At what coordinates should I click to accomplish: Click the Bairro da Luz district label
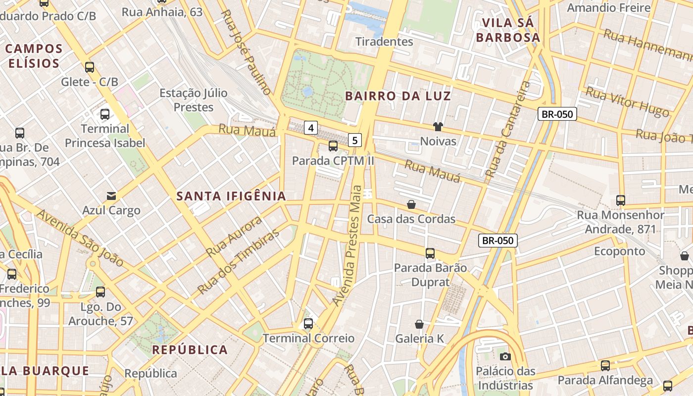click(398, 96)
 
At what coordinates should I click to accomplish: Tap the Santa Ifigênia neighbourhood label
click(231, 196)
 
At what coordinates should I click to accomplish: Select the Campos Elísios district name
click(34, 56)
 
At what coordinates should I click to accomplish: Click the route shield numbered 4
click(311, 128)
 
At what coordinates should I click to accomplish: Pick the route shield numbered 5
click(354, 140)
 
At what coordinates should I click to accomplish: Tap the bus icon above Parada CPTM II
click(333, 146)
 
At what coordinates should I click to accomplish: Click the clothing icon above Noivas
click(438, 127)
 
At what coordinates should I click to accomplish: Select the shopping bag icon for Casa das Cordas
click(411, 204)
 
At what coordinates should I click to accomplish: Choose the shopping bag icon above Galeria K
click(419, 324)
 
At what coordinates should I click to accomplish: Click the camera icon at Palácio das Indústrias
click(505, 356)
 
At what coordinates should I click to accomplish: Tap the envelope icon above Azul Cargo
click(111, 196)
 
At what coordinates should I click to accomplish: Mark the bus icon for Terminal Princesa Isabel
click(105, 114)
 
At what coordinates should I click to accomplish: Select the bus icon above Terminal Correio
click(308, 324)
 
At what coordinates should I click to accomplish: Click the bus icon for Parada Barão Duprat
click(430, 253)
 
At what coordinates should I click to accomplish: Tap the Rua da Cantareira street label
click(507, 130)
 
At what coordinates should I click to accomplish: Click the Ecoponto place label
click(619, 251)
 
